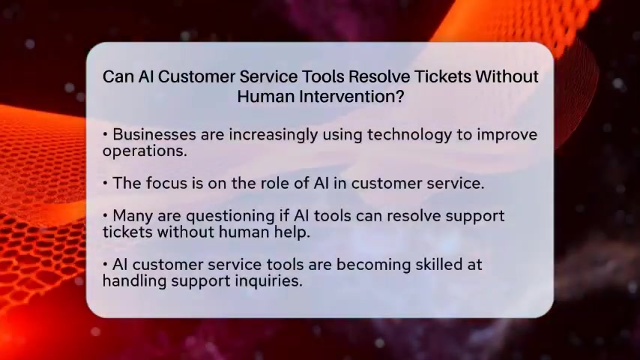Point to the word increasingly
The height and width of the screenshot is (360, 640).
point(273,135)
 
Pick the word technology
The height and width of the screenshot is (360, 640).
point(409,135)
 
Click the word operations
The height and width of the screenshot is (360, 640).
point(145,151)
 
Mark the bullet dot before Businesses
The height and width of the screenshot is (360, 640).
point(106,134)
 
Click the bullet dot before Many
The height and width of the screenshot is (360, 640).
point(106,215)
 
